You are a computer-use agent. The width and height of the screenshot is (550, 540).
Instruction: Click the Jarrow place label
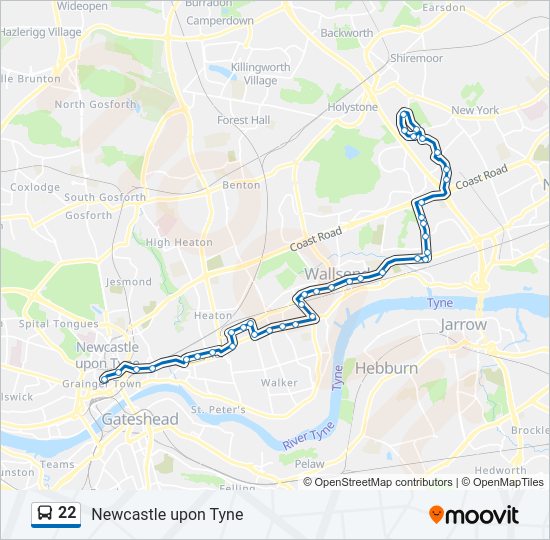[x=463, y=325]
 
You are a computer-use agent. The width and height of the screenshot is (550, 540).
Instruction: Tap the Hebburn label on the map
[x=386, y=368]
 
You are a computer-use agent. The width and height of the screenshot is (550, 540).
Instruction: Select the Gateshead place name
[x=139, y=420]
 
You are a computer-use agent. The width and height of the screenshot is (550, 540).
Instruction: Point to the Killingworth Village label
[x=254, y=74]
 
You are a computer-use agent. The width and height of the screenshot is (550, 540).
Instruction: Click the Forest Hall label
[x=244, y=120]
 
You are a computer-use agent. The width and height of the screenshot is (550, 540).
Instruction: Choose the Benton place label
[x=241, y=185]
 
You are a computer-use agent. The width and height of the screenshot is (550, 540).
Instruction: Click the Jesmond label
[x=129, y=282]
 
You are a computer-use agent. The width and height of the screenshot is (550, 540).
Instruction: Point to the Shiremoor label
[x=416, y=59]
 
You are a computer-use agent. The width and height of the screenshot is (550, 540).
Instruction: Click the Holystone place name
[x=353, y=107]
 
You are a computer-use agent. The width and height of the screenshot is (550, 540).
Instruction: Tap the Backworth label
[x=346, y=33]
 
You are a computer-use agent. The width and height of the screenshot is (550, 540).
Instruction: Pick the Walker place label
[x=279, y=382]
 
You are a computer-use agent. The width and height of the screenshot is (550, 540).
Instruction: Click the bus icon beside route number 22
[x=44, y=514]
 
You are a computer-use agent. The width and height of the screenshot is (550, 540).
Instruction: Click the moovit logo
[x=474, y=515]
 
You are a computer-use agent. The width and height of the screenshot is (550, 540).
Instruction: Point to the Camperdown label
[x=220, y=20]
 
